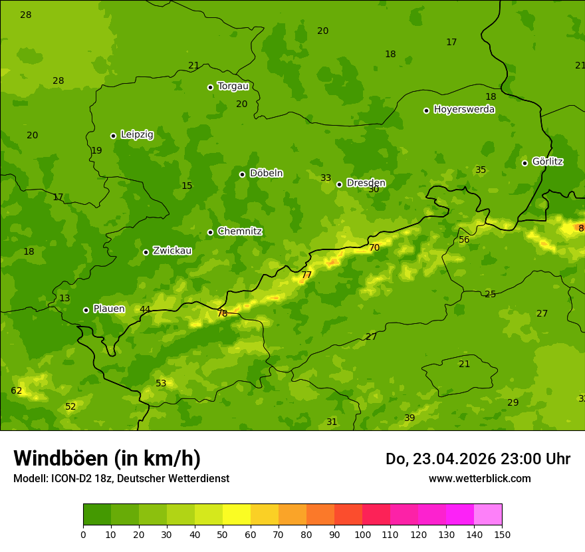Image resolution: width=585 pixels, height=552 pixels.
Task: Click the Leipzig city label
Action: point(137,134)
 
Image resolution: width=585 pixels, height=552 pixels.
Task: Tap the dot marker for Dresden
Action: point(339,184)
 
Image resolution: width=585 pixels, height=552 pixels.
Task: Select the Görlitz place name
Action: point(548,162)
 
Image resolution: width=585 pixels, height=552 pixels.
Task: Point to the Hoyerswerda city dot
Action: point(426,110)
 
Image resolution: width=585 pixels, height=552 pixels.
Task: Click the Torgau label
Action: point(233,86)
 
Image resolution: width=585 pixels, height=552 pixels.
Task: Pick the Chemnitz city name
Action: point(239,231)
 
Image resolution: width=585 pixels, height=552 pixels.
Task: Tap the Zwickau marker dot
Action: point(146,252)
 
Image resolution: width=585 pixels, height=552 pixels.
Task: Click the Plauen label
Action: point(108,309)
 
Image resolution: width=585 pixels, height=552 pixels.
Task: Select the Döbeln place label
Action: point(266,173)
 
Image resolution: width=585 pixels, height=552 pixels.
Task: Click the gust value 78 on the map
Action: point(222,313)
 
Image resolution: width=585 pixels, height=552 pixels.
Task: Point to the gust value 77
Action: point(306,275)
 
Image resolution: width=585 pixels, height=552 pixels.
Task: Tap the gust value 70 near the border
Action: point(374,247)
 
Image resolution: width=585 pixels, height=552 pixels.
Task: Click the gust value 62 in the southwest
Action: point(17,390)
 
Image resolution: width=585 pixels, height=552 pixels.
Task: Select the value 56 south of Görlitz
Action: point(464,239)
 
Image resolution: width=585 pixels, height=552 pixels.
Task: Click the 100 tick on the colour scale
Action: point(362,534)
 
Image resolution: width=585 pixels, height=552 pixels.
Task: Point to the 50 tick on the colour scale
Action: point(223,534)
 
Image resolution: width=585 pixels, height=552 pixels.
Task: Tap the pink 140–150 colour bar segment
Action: point(488,515)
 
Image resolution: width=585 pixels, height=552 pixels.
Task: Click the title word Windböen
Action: point(60,458)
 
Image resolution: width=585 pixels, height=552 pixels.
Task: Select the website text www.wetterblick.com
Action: point(479,478)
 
